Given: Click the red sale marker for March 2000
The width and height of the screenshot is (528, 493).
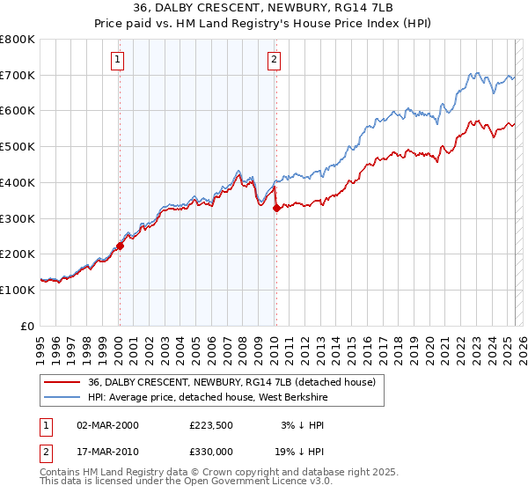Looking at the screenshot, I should point(121,246).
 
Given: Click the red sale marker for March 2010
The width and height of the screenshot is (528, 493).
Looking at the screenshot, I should point(276,209).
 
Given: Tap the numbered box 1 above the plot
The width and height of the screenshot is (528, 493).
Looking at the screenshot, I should point(118,60).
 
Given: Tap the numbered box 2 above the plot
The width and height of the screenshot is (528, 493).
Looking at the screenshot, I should point(275,60).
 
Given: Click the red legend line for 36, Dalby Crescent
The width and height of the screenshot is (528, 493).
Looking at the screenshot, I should point(62,382).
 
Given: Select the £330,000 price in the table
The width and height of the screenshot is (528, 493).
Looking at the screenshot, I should point(217,453).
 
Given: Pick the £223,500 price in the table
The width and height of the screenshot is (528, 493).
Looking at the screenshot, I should point(217,425).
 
